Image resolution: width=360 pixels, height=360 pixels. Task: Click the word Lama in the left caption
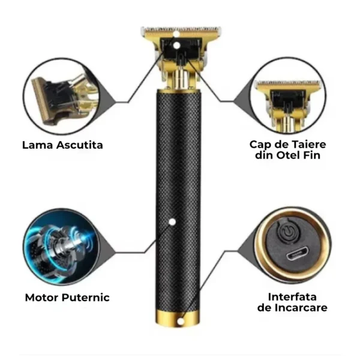coord(38,145)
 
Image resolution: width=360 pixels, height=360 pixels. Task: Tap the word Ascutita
coord(80,145)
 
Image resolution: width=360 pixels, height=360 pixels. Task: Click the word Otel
coord(287,155)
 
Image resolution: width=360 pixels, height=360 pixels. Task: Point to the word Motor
coord(42,298)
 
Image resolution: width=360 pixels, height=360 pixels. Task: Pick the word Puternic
coord(86,298)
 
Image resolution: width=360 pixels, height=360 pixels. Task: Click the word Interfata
coord(292,297)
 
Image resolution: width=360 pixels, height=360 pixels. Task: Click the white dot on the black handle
coord(172,222)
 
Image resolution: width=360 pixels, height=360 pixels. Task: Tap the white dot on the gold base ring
coord(181,321)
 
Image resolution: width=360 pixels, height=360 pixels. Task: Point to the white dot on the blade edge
coord(176,34)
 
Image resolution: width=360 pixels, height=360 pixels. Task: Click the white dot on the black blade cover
coord(176,46)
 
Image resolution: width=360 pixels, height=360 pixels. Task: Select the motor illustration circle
coord(61,247)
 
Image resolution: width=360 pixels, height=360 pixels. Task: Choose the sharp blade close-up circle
coord(62,96)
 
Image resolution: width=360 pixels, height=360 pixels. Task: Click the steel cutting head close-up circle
coord(287,95)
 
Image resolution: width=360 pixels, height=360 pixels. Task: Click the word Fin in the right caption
coord(311,155)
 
